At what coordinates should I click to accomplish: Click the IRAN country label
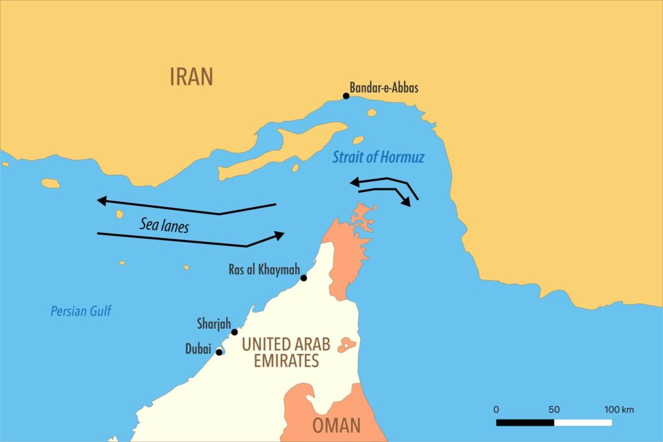pyautogui.click(x=191, y=76)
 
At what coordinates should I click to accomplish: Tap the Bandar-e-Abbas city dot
pyautogui.click(x=346, y=96)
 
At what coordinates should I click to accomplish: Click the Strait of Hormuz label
pyautogui.click(x=378, y=157)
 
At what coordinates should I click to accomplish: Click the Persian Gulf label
pyautogui.click(x=81, y=311)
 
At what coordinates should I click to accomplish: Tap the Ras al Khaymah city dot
pyautogui.click(x=304, y=278)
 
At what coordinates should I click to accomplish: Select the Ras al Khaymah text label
pyautogui.click(x=262, y=269)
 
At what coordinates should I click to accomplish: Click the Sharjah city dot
pyautogui.click(x=234, y=332)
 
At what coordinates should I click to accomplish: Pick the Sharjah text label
pyautogui.click(x=214, y=323)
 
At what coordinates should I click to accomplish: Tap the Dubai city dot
pyautogui.click(x=219, y=352)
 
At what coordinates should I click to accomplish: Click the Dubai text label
pyautogui.click(x=198, y=349)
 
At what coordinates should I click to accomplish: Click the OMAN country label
pyautogui.click(x=336, y=425)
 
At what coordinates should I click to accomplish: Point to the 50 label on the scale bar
pyautogui.click(x=554, y=410)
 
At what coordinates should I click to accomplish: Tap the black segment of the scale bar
pyautogui.click(x=525, y=423)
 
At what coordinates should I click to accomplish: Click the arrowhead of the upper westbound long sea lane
pyautogui.click(x=102, y=201)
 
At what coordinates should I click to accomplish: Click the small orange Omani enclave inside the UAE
pyautogui.click(x=346, y=344)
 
